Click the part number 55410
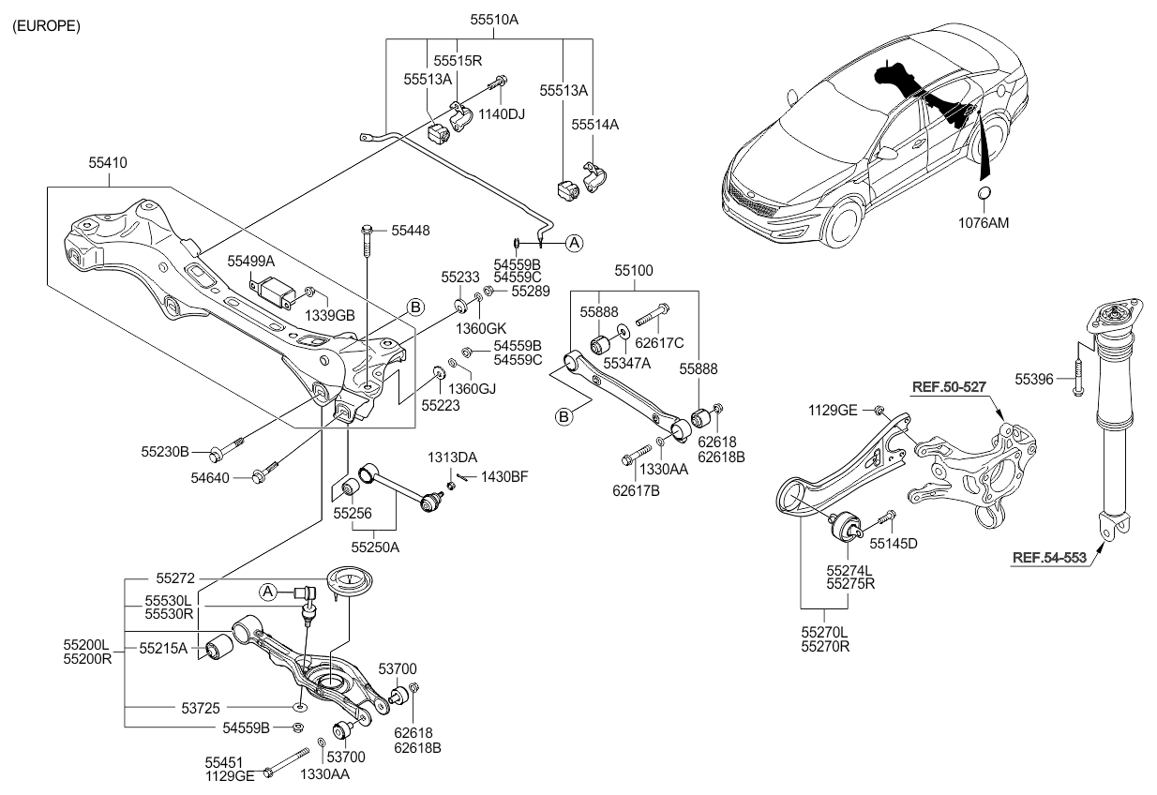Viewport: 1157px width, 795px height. click(x=108, y=163)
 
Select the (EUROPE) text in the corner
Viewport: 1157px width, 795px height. click(x=46, y=25)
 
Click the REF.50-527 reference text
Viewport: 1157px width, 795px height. click(x=948, y=386)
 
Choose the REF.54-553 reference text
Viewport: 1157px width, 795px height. click(x=1049, y=558)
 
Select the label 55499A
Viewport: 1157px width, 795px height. click(x=250, y=261)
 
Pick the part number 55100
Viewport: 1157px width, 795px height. click(x=634, y=270)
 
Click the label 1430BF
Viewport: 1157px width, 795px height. click(x=504, y=477)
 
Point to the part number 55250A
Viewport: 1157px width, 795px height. click(x=375, y=546)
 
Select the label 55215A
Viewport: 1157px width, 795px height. click(x=163, y=647)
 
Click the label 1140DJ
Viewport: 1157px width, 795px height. click(x=502, y=114)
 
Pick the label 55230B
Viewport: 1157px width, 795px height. click(x=166, y=452)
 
